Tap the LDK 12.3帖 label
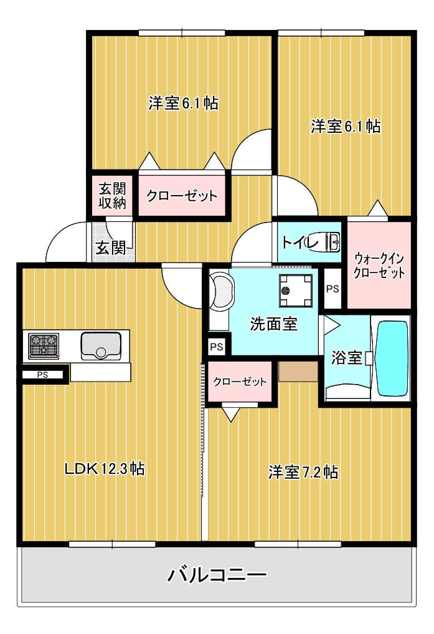pyautogui.click(x=105, y=469)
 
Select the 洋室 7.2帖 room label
pyautogui.click(x=303, y=472)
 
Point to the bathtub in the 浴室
pyautogui.click(x=390, y=358)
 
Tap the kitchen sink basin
pyautogui.click(x=100, y=345)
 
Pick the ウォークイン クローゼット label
pyautogui.click(x=379, y=265)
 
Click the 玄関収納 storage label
pyautogui.click(x=112, y=196)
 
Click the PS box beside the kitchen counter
pyautogui.click(x=42, y=375)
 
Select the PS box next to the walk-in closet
pyautogui.click(x=333, y=289)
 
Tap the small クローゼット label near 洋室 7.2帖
pyautogui.click(x=240, y=382)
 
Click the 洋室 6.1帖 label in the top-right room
pyautogui.click(x=346, y=127)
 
